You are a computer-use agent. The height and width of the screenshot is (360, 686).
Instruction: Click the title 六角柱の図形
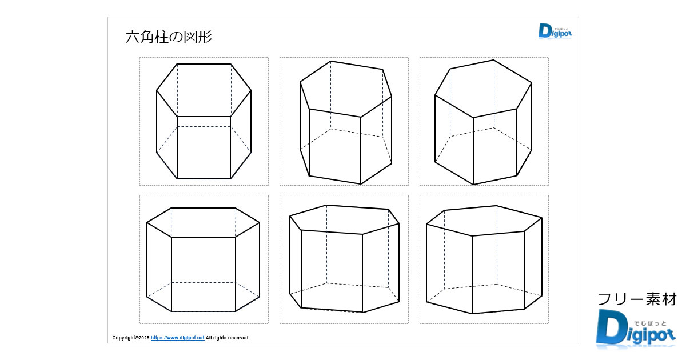169,37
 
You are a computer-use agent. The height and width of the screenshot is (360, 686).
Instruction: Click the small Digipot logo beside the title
555,31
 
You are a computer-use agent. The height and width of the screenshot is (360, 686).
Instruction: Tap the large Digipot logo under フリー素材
636,329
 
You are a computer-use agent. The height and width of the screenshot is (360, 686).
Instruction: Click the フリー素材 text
637,299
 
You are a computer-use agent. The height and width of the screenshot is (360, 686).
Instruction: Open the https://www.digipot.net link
177,338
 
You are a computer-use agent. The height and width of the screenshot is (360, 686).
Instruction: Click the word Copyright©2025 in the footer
131,338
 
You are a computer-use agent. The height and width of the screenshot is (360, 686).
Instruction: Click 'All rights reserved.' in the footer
228,338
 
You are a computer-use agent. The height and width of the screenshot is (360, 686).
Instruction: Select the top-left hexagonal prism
204,121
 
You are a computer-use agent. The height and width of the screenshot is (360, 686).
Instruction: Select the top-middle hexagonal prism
346,122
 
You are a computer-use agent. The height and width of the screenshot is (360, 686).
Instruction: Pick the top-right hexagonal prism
483,122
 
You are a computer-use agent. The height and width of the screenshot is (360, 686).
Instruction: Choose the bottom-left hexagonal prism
203,259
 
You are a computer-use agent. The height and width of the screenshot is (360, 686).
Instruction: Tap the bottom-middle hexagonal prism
344,259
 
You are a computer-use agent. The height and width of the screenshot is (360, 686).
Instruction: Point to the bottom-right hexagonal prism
484,259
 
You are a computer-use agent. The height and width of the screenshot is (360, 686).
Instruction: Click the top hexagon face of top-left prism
204,90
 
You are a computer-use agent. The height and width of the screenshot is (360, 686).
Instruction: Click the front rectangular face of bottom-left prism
204,274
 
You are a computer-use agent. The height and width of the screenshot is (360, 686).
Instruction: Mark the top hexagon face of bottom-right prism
484,221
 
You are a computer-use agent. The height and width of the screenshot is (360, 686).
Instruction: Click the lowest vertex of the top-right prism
473,185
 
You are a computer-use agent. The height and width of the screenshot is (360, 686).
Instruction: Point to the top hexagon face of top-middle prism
346,89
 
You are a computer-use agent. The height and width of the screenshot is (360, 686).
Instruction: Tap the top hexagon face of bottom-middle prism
344,219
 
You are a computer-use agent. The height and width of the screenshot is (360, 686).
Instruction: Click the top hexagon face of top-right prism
483,89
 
